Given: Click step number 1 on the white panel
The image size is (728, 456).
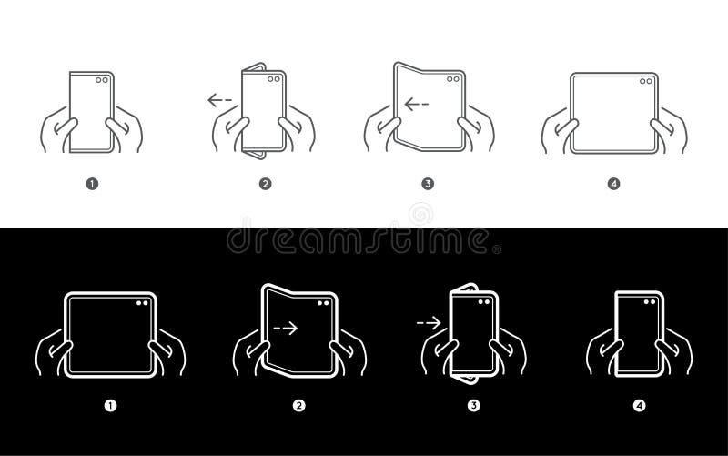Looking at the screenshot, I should pyautogui.click(x=91, y=184).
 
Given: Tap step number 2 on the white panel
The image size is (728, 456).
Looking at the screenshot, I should pyautogui.click(x=266, y=184).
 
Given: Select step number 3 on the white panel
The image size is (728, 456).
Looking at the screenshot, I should pyautogui.click(x=427, y=184).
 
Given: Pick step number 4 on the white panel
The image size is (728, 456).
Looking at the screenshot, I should pyautogui.click(x=613, y=184).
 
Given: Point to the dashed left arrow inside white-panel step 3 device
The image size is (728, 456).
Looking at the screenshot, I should pyautogui.click(x=417, y=105).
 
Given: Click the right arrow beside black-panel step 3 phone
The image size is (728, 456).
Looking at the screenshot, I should pyautogui.click(x=427, y=321).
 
